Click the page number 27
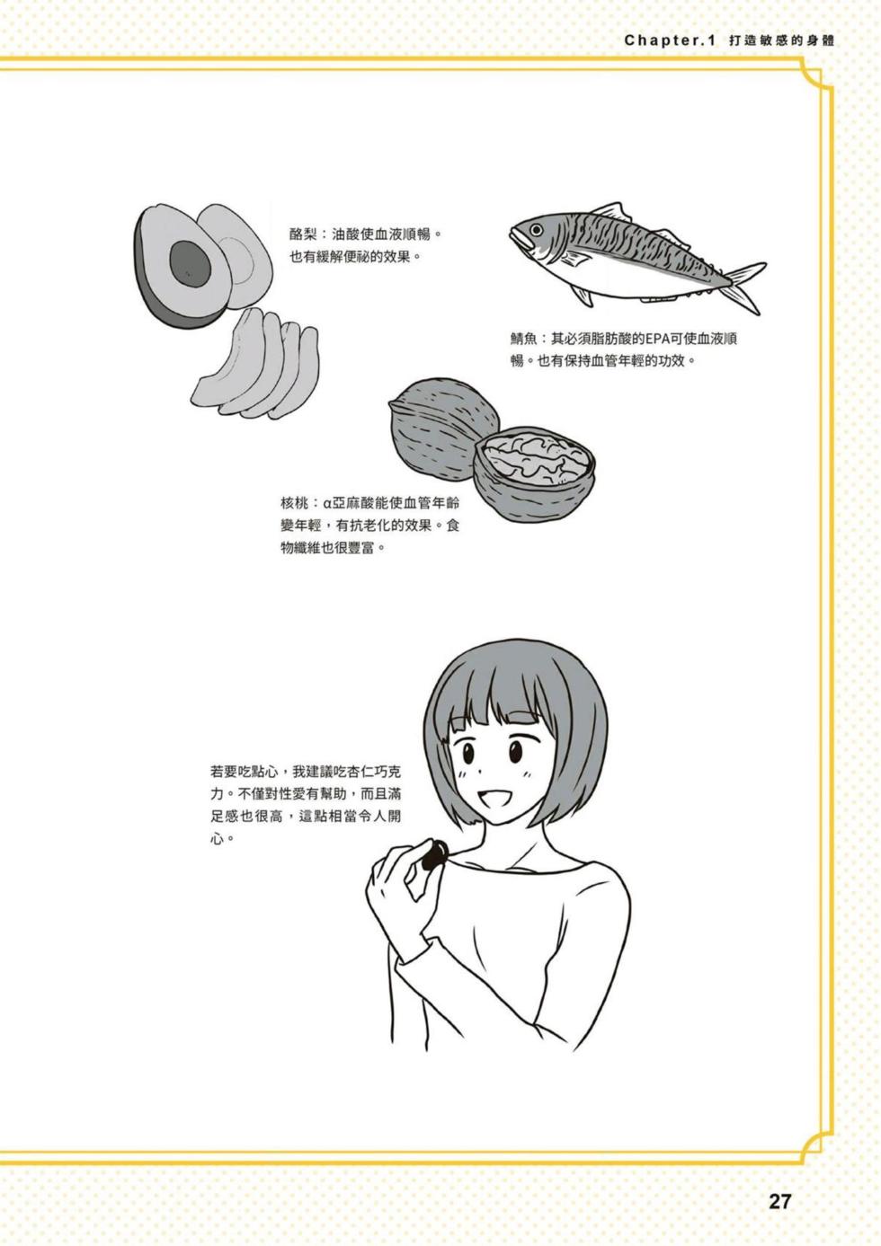pos(779,1201)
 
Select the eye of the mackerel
pos(537,230)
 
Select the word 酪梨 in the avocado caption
pos(303,234)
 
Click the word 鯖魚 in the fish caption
pos(524,339)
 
